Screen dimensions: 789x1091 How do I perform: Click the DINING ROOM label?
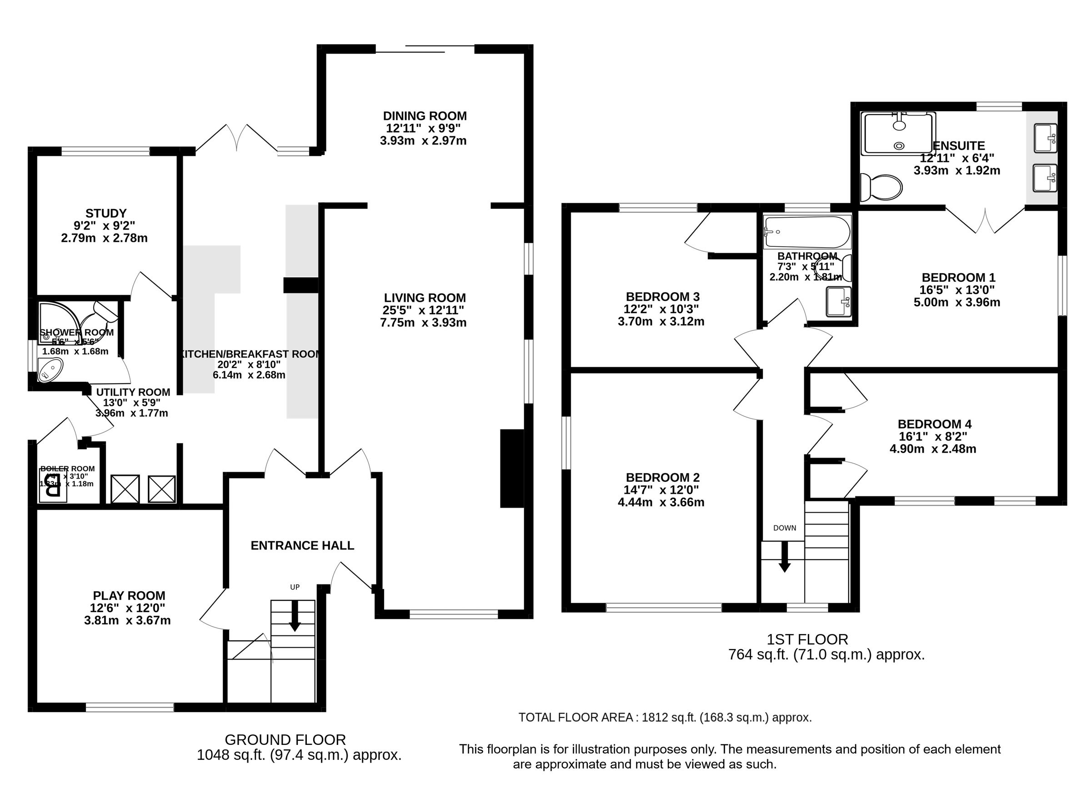424,116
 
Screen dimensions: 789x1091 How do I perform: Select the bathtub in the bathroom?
807,232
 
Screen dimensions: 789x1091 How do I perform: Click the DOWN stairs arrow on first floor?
784,557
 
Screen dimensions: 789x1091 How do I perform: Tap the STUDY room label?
106,213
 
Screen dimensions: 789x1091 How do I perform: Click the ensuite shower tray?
898,134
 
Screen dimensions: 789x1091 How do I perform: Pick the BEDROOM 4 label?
934,424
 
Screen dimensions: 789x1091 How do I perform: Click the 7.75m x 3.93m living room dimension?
423,323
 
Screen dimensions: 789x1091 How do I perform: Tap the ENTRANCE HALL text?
302,545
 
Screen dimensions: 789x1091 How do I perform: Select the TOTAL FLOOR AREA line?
665,717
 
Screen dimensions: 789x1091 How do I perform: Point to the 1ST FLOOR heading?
807,639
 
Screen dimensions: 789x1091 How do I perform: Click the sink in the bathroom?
838,301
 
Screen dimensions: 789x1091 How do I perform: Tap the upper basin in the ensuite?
1045,138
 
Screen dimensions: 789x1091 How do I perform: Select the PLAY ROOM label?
129,596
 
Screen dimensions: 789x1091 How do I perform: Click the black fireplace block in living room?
512,468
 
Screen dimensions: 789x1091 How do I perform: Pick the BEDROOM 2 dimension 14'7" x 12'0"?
662,490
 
